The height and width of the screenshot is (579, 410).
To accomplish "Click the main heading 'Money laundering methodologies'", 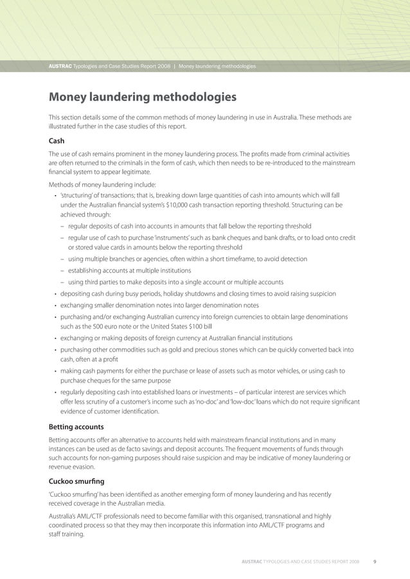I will tap(143, 98).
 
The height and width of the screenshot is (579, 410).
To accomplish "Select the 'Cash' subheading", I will tap(57, 141).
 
